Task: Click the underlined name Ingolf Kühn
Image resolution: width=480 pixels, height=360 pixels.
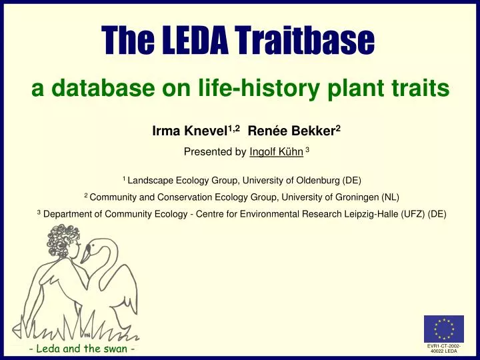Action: pos(276,152)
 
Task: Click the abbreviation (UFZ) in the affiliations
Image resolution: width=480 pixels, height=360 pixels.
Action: pos(412,214)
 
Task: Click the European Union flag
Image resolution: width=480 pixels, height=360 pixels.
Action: pos(443,328)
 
